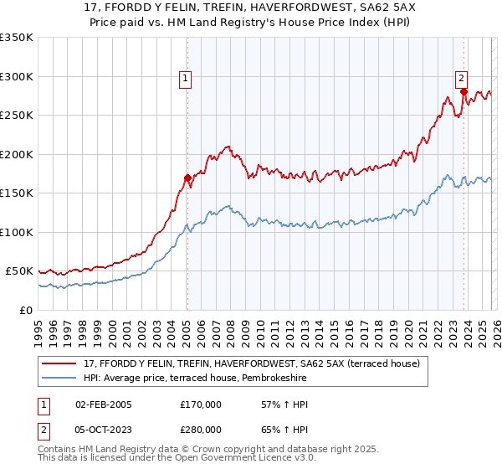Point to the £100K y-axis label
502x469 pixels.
click(17, 232)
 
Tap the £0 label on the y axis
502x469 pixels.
click(25, 310)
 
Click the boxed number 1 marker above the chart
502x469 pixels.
click(185, 80)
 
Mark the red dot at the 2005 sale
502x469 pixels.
click(187, 178)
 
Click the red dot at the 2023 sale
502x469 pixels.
click(463, 92)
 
